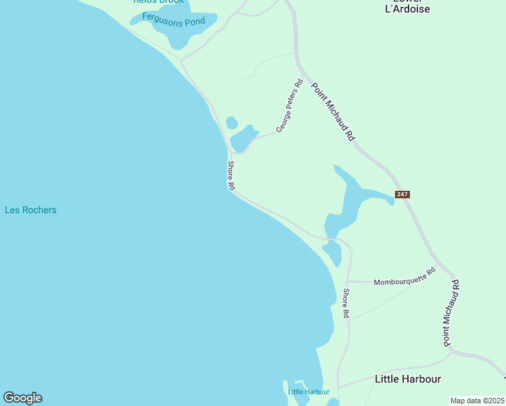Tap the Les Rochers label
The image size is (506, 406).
[30, 210]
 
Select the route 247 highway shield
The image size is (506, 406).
[402, 194]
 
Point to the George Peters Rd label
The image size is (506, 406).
[290, 106]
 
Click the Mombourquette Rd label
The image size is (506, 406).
[405, 276]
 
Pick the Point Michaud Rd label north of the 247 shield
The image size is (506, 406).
[332, 112]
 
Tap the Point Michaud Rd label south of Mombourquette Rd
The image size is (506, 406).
[451, 313]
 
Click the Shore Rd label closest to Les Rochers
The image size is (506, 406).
[231, 175]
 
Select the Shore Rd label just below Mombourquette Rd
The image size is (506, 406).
[345, 304]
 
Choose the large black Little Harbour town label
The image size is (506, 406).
[408, 379]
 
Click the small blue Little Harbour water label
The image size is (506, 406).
[308, 392]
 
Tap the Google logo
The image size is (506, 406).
[22, 398]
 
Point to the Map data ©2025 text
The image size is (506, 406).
[477, 400]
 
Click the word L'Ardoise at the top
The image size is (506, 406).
[407, 9]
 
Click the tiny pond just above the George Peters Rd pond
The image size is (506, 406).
[231, 122]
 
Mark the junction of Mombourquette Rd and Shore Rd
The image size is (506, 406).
[348, 281]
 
